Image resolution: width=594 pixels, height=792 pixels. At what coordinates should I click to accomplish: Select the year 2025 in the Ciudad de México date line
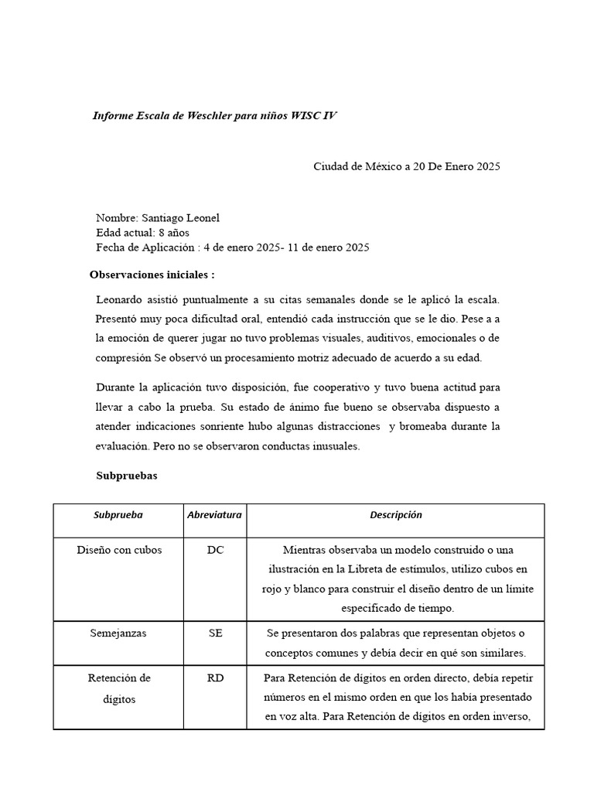pyautogui.click(x=488, y=166)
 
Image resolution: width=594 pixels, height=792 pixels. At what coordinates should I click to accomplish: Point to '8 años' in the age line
pyautogui.click(x=174, y=233)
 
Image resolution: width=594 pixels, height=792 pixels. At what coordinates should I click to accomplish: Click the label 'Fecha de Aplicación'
pyautogui.click(x=145, y=247)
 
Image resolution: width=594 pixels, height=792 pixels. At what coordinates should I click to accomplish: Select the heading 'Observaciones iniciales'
pyautogui.click(x=152, y=275)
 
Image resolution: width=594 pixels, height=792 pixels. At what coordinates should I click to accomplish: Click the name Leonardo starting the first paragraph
pyautogui.click(x=120, y=299)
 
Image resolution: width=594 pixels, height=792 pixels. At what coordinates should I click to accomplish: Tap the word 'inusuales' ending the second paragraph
pyautogui.click(x=337, y=446)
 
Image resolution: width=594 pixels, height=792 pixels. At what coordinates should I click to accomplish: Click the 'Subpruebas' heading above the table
pyautogui.click(x=126, y=476)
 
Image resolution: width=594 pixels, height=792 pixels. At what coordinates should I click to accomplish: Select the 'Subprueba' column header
pyautogui.click(x=118, y=515)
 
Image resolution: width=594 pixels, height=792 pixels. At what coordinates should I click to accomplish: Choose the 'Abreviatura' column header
pyautogui.click(x=214, y=515)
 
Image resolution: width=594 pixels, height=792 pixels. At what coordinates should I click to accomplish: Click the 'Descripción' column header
pyautogui.click(x=395, y=515)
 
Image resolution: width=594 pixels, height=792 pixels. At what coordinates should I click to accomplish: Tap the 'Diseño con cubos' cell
pyautogui.click(x=118, y=550)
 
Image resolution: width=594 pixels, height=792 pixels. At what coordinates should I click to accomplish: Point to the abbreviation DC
pyautogui.click(x=215, y=550)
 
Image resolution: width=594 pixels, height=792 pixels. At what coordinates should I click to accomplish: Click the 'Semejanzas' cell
pyautogui.click(x=118, y=633)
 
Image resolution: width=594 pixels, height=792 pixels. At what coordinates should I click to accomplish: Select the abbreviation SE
pyautogui.click(x=215, y=633)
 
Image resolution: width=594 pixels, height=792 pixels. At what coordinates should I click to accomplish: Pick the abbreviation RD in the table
pyautogui.click(x=215, y=678)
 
